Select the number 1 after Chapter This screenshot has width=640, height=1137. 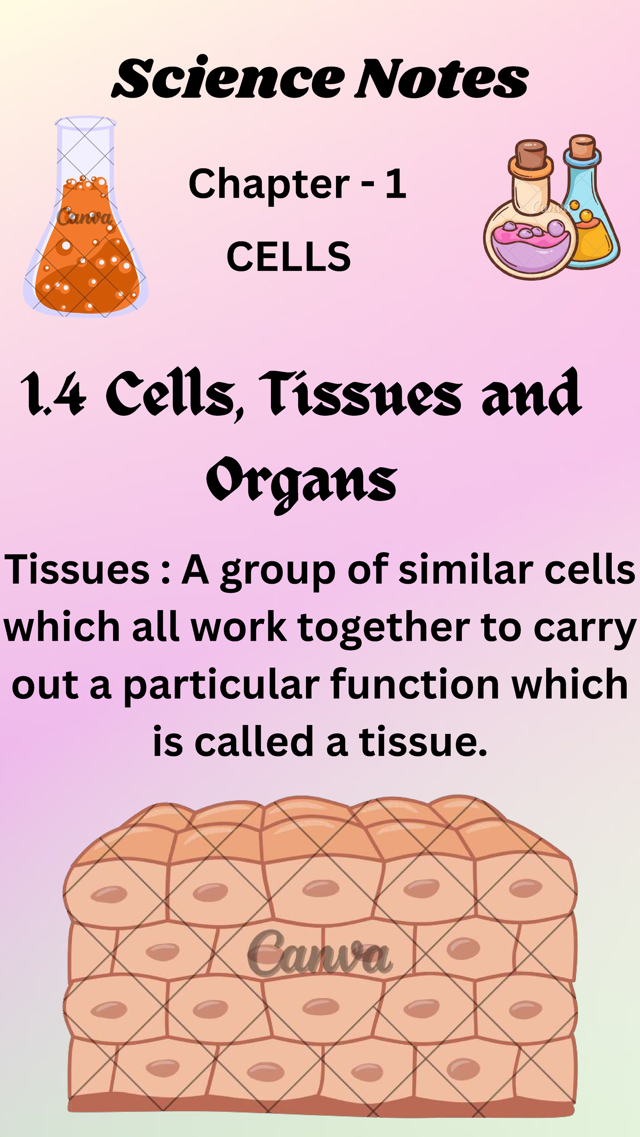pos(395,184)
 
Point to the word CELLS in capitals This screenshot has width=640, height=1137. pos(289,256)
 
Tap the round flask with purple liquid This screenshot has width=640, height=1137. pos(528,240)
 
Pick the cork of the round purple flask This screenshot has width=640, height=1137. pos(532,155)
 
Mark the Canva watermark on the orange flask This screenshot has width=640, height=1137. pos(84,217)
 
